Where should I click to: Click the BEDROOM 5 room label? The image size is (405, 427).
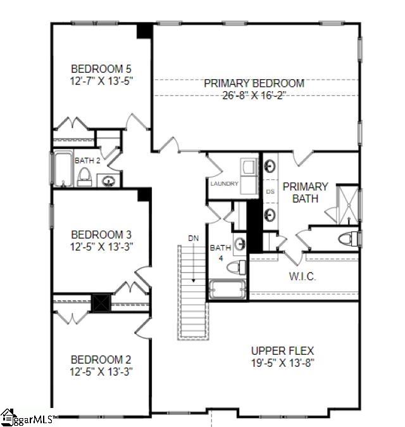101,68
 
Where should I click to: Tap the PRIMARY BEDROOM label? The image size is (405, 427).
254,84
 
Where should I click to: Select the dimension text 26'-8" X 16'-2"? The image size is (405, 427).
254,95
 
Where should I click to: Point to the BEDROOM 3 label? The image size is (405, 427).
101,233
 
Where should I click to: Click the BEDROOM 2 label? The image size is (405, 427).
101,359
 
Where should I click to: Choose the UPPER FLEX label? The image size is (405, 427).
282,350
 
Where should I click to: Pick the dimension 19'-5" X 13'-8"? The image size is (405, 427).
282,363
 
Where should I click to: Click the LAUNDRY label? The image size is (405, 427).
225,184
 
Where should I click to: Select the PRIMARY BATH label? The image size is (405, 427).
305,192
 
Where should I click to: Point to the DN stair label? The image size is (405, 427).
193,238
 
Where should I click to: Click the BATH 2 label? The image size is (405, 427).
87,161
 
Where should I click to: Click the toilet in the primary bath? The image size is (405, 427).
347,238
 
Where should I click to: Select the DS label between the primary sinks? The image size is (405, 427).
270,191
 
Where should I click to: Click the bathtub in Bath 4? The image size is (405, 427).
228,290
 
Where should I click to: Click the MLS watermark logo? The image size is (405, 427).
28,418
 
